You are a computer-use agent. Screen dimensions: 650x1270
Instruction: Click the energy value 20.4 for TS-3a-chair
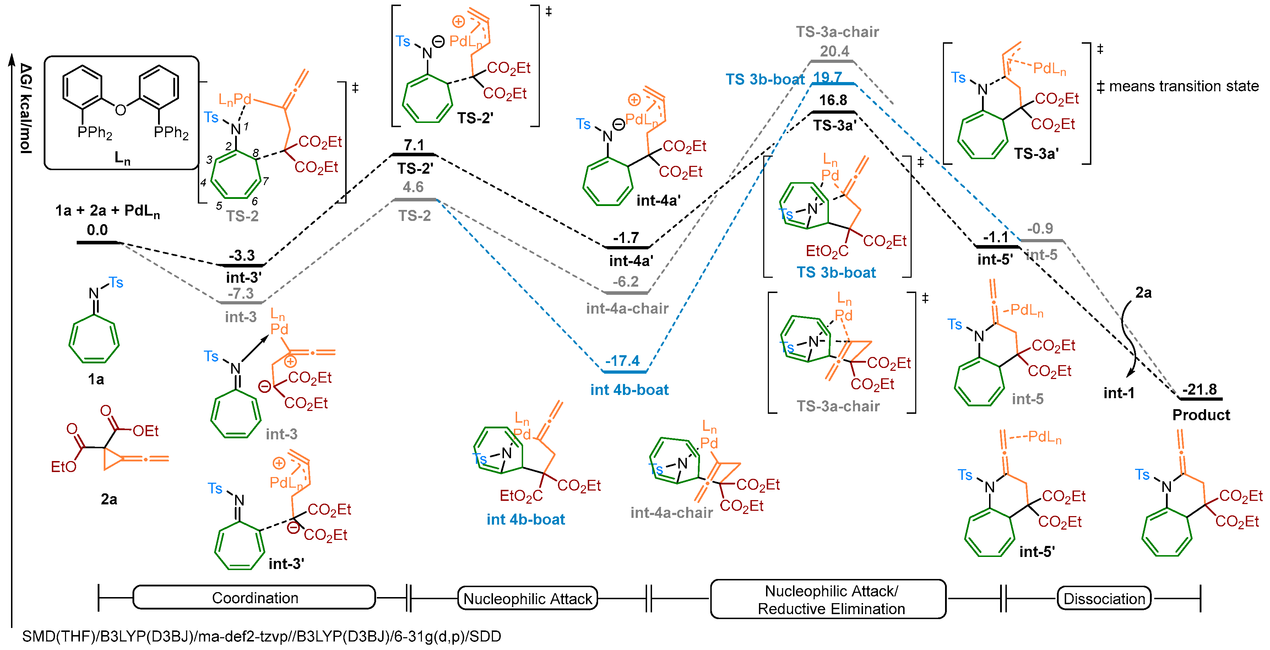834,51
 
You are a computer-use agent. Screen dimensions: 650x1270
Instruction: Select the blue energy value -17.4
622,361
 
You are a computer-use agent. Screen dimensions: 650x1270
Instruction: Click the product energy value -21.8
1199,389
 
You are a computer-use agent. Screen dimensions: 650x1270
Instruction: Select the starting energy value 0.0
97,230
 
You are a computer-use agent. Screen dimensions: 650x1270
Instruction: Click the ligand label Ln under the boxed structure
122,158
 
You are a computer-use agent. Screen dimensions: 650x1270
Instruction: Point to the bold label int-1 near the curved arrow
1119,393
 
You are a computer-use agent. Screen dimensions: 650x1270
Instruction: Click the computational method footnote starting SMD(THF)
261,636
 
